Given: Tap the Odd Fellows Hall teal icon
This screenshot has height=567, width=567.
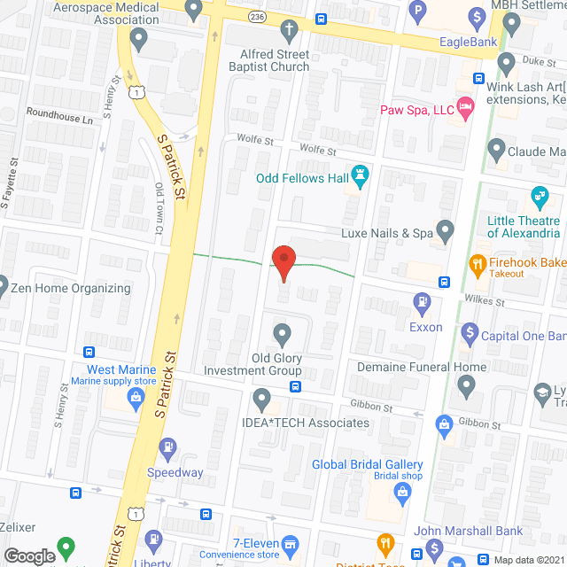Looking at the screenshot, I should [x=361, y=176].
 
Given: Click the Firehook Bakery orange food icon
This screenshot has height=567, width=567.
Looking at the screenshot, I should [x=476, y=263].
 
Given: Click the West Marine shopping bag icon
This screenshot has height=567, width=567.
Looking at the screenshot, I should [x=136, y=395].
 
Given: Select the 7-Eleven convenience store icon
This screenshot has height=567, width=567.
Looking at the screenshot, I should [x=289, y=542].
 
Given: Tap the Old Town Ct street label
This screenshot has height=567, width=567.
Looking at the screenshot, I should [x=159, y=208].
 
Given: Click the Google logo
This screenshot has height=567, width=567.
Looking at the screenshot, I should [x=29, y=555].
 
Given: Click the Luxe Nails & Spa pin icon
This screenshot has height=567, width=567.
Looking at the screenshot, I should [x=446, y=233].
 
